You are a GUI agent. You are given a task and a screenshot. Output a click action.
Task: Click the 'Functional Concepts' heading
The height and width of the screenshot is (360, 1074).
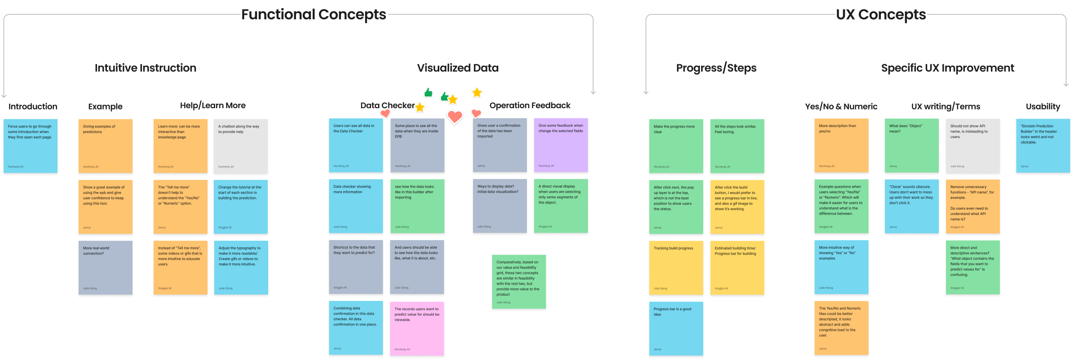tap(314, 14)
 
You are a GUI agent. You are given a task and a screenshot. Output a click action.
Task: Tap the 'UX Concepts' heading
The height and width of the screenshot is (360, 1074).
tap(880, 14)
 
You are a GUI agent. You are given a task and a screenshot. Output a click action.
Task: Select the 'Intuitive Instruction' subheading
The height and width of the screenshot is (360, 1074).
tap(145, 68)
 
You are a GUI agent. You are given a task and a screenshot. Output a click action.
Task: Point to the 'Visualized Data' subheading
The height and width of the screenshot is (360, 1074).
tap(457, 68)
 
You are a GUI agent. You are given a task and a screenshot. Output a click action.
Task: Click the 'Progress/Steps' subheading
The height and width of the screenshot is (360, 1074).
tap(716, 68)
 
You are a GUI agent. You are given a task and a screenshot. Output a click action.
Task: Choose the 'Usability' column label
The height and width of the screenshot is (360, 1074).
tap(1043, 106)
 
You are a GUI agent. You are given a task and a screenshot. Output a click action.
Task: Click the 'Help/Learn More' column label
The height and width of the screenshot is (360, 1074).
tap(212, 105)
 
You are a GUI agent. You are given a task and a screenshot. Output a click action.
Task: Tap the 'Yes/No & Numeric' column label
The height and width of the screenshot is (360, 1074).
tap(841, 106)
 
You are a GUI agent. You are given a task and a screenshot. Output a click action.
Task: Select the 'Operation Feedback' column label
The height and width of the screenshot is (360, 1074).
tap(530, 105)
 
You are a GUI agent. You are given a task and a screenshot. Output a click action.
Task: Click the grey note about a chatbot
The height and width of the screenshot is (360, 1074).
tap(240, 146)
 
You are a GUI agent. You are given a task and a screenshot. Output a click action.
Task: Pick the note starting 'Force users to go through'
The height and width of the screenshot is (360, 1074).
tap(31, 146)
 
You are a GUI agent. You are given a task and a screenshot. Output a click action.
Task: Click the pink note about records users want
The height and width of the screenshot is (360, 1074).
tap(417, 328)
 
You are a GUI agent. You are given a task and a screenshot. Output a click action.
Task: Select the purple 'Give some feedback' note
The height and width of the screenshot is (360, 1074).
tap(561, 145)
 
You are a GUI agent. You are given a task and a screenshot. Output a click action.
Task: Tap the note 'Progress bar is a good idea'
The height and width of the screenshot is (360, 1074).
tap(676, 328)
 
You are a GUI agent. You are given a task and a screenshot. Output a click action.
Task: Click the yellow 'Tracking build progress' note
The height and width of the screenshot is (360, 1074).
tap(676, 268)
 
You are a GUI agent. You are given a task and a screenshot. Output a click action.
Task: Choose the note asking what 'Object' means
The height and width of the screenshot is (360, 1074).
tap(911, 145)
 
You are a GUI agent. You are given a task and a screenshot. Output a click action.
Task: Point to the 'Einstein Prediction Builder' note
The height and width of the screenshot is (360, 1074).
tap(1043, 145)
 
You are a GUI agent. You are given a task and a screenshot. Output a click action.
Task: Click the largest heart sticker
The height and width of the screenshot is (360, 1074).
tap(455, 117)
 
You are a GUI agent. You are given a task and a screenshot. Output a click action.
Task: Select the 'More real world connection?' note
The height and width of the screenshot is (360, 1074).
tap(106, 268)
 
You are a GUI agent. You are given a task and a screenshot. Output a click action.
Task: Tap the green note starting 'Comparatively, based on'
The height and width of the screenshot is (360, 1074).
tap(519, 281)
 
